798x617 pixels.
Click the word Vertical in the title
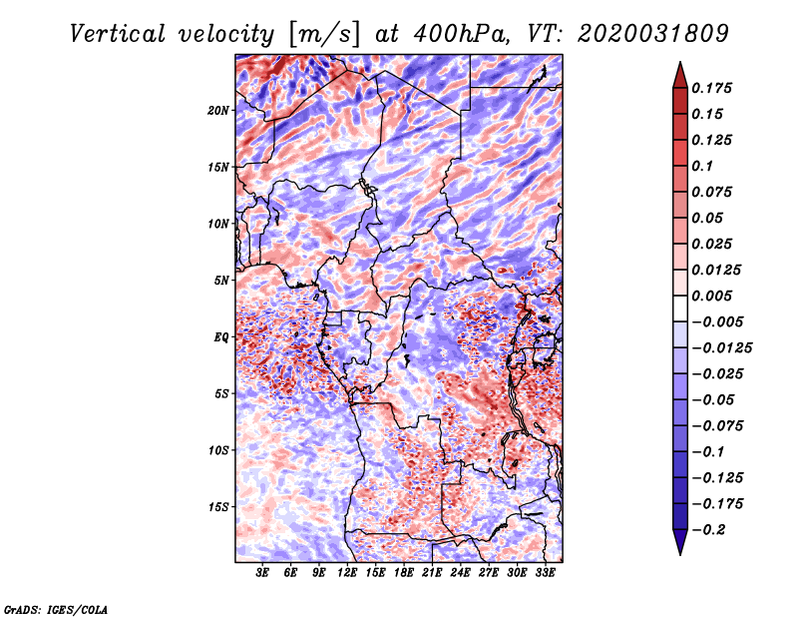coord(117,35)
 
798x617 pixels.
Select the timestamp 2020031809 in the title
coord(653,35)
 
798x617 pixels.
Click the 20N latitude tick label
coord(217,110)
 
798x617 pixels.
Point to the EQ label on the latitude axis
coord(220,337)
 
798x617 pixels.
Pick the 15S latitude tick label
coord(217,507)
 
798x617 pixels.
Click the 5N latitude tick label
coord(221,281)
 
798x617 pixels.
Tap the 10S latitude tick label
coord(217,450)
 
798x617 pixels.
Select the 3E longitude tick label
coord(262,572)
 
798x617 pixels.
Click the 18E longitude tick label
coord(404,572)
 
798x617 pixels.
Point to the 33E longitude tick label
coord(545,572)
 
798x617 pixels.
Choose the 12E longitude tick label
coord(347,572)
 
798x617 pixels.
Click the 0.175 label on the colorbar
coord(711,88)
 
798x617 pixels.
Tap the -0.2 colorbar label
coord(708,530)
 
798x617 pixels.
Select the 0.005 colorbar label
coord(711,296)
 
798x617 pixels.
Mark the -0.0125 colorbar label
coord(721,348)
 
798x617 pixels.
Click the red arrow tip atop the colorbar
coord(680,63)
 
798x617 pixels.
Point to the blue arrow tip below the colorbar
coord(680,554)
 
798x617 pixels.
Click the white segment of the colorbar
coord(680,308)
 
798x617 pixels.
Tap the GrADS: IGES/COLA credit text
coord(56,610)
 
